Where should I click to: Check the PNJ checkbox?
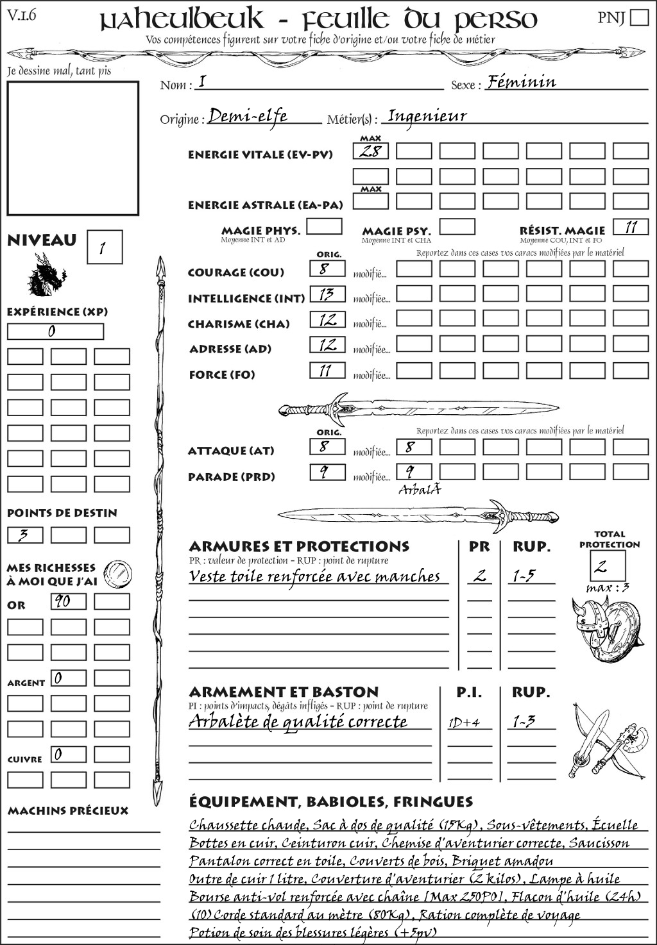point(639,17)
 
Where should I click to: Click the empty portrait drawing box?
point(73,148)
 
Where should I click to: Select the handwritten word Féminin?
point(522,81)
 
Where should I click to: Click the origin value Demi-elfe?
point(248,116)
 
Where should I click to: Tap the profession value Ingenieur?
point(427,116)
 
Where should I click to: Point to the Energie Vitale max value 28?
point(371,151)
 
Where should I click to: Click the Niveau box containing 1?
point(104,247)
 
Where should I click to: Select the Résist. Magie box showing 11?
point(631,227)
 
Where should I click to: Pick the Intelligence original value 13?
point(327,294)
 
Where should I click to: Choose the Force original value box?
point(327,371)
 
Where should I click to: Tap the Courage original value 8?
point(327,269)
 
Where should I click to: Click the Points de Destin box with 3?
point(25,535)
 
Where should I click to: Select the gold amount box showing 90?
point(68,601)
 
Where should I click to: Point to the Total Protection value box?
point(608,565)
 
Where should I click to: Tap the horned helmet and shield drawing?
point(604,630)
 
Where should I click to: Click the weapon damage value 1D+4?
point(465,723)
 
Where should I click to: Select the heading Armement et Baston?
point(284,692)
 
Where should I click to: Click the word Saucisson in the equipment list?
point(599,843)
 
